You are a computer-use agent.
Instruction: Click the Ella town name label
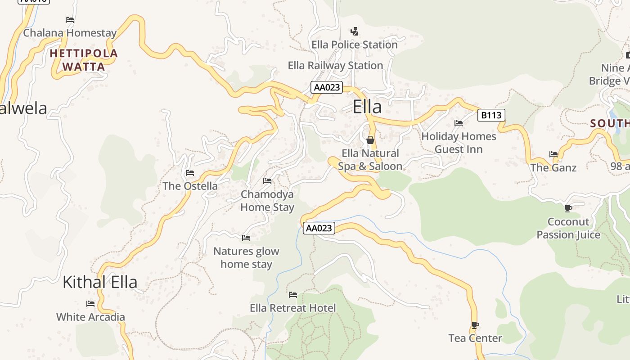click(x=367, y=107)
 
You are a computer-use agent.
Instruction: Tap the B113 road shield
click(x=491, y=115)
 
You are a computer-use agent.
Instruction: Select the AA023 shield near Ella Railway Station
click(x=327, y=87)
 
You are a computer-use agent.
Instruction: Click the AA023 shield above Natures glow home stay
click(x=319, y=228)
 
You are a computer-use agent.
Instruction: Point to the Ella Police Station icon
click(x=355, y=31)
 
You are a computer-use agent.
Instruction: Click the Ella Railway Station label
click(x=335, y=66)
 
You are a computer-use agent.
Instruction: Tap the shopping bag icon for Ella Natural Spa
click(x=370, y=140)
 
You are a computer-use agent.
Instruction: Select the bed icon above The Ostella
click(x=190, y=173)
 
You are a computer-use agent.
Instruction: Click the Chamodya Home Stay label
click(x=267, y=201)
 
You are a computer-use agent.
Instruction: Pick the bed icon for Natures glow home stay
click(x=246, y=238)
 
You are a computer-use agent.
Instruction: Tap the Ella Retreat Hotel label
click(x=293, y=308)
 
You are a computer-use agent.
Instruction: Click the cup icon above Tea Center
click(x=475, y=325)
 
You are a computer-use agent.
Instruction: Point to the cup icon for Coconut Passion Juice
click(x=568, y=208)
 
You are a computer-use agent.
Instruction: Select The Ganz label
click(x=553, y=168)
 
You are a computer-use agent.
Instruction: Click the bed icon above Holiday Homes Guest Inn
click(x=459, y=123)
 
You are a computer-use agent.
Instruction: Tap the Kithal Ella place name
click(x=100, y=282)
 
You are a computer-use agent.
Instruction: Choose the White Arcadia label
click(x=90, y=317)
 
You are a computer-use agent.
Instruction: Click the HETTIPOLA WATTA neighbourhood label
click(x=84, y=60)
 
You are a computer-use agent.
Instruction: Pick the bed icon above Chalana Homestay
click(x=70, y=20)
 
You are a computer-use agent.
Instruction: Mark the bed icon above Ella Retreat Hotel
click(x=293, y=295)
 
